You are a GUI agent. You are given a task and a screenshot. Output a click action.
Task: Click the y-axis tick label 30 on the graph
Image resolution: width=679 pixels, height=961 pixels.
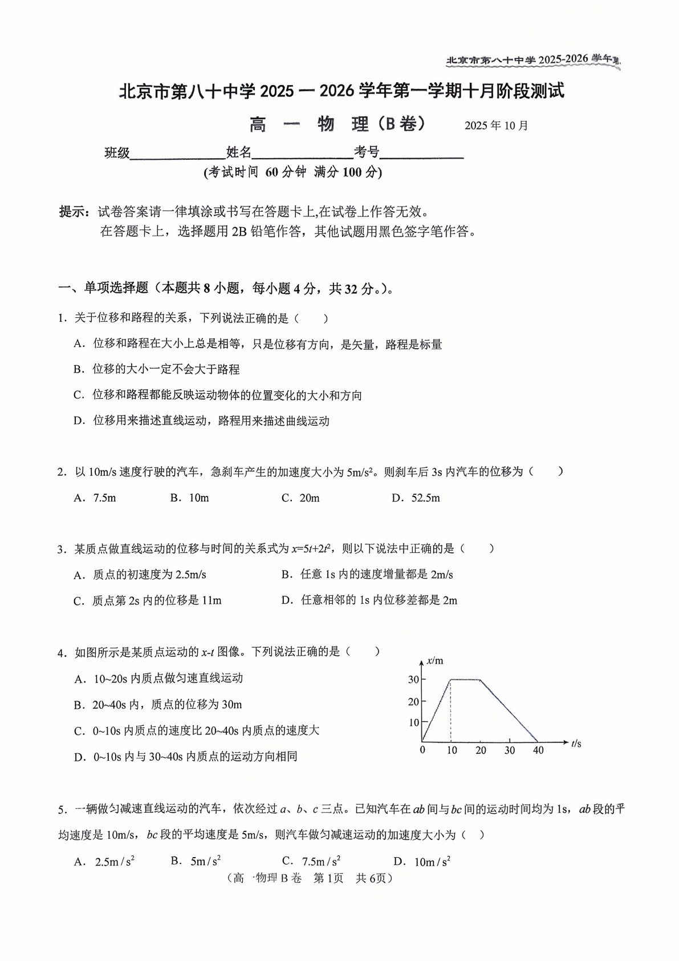tap(413, 679)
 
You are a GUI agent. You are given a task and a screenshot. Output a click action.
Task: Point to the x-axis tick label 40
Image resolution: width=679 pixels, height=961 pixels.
tap(538, 750)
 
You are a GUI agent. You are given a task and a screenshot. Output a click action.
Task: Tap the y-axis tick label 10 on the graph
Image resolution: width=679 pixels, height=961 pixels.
tap(413, 722)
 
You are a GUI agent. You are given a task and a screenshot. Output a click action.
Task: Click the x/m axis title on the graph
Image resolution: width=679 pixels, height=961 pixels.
tap(435, 661)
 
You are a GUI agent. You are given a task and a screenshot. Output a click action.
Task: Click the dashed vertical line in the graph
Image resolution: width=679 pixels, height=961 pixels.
tap(451, 710)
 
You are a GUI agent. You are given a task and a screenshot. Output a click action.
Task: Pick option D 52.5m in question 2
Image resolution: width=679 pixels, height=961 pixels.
tap(416, 498)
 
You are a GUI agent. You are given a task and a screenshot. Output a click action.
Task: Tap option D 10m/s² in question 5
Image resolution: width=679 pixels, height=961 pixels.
tap(422, 861)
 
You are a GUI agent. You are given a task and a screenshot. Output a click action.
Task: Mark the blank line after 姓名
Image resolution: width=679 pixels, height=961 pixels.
tap(302, 154)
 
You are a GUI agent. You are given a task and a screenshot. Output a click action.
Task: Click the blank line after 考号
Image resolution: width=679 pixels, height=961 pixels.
tap(421, 154)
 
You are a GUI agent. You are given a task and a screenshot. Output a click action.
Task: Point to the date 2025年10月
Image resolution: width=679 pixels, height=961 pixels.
tap(496, 126)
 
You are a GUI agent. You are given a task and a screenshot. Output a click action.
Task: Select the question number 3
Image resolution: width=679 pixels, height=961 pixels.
tap(60, 549)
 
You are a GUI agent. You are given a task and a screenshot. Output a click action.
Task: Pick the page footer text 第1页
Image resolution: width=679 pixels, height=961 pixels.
tap(329, 878)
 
